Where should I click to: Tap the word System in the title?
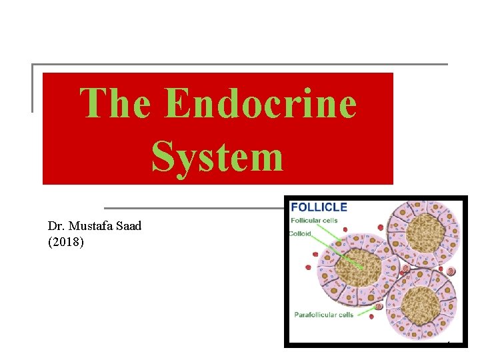point(217,157)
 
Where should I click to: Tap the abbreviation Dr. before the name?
point(57,226)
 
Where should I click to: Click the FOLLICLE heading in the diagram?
point(319,207)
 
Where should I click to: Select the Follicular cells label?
point(314,221)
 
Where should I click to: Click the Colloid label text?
point(301,233)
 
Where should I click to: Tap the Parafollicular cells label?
point(323,315)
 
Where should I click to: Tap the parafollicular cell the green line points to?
point(379,307)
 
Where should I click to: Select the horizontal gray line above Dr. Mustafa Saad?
point(193,208)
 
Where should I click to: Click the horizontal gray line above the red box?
point(240,65)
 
